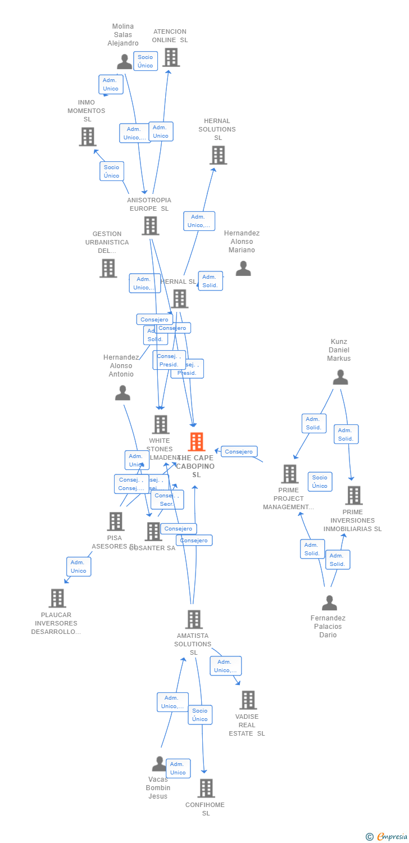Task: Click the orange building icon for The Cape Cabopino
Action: [196, 442]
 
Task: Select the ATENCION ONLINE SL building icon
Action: [171, 57]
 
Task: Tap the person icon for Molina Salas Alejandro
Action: [124, 61]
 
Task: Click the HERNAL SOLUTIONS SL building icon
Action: [218, 155]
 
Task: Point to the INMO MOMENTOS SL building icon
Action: [88, 137]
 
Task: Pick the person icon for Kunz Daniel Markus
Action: [340, 377]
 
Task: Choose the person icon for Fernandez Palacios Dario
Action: [329, 602]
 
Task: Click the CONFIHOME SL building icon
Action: [206, 788]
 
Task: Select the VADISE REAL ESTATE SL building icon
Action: [248, 700]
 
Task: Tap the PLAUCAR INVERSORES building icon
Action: [57, 598]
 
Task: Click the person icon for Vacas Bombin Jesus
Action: [159, 764]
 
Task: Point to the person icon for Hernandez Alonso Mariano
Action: [243, 268]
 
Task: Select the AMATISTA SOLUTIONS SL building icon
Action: [194, 619]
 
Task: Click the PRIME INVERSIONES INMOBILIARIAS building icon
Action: [353, 495]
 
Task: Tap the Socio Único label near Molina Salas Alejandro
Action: [146, 61]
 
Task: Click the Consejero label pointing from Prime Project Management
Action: [239, 451]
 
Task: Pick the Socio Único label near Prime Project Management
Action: [320, 482]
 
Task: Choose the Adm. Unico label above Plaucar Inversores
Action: [79, 566]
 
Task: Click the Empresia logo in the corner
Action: [387, 836]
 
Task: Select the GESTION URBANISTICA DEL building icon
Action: [108, 268]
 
